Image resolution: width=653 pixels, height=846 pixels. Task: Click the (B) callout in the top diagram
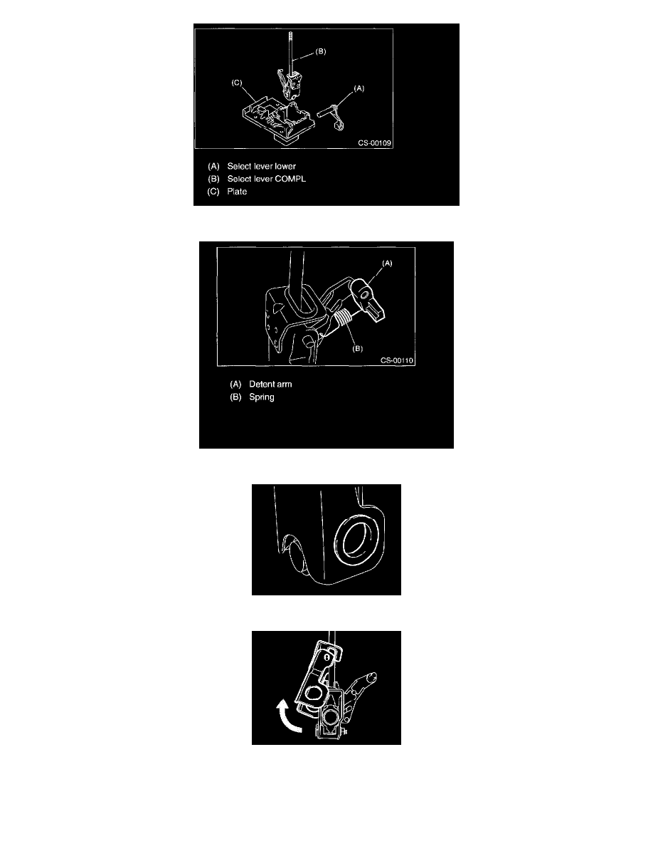pyautogui.click(x=320, y=52)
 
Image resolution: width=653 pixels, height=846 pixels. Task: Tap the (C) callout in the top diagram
pyautogui.click(x=237, y=83)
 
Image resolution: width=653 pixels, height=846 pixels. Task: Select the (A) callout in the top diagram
pyautogui.click(x=359, y=88)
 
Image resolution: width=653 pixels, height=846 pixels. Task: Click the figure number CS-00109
pyautogui.click(x=374, y=143)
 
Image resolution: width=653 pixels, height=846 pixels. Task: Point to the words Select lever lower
pyautogui.click(x=261, y=166)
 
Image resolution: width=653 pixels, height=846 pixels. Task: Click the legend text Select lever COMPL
pyautogui.click(x=266, y=179)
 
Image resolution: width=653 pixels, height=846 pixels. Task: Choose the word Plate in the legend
pyautogui.click(x=237, y=192)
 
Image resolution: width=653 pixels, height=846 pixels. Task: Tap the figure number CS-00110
pyautogui.click(x=397, y=360)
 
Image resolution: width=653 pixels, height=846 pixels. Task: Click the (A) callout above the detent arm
pyautogui.click(x=387, y=263)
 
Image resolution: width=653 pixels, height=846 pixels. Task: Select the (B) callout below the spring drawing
pyautogui.click(x=358, y=348)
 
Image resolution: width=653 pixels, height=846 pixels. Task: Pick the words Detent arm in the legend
pyautogui.click(x=270, y=384)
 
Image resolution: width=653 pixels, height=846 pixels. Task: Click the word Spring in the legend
pyautogui.click(x=261, y=397)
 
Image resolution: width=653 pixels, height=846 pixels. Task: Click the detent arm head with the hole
pyautogui.click(x=364, y=293)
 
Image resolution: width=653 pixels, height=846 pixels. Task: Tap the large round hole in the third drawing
pyautogui.click(x=356, y=539)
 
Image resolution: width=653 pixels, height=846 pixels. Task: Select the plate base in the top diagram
pyautogui.click(x=277, y=117)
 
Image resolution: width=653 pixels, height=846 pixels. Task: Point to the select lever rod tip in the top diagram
pyautogui.click(x=290, y=35)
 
